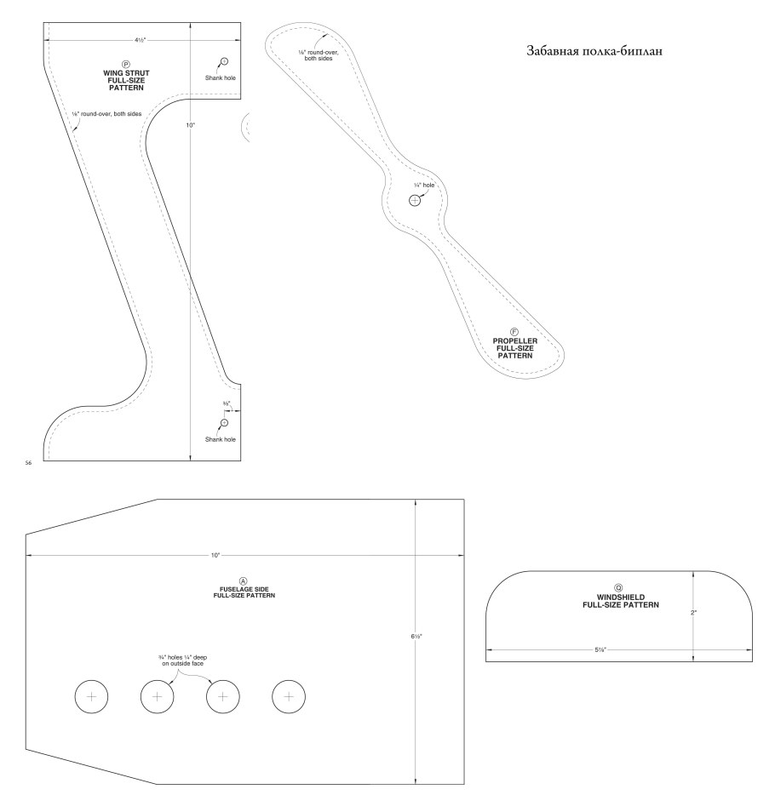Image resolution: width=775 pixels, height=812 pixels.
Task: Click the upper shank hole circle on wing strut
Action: [x=224, y=61]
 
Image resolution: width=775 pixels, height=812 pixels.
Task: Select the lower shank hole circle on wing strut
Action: [x=224, y=423]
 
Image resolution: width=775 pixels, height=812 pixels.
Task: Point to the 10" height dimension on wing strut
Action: [x=191, y=125]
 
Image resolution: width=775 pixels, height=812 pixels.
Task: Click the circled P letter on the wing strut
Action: [x=126, y=64]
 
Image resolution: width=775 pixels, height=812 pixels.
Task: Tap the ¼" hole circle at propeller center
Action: [x=415, y=201]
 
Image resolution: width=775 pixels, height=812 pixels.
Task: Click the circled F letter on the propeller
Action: [x=514, y=331]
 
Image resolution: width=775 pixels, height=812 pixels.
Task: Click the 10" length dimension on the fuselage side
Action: [x=215, y=555]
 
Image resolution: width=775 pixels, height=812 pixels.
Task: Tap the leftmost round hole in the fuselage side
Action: [x=92, y=696]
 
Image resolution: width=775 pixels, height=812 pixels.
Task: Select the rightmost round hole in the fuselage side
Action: [x=289, y=696]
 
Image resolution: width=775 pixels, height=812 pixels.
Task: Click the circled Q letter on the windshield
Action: [x=618, y=587]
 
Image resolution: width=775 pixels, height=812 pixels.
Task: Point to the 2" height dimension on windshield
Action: [x=694, y=612]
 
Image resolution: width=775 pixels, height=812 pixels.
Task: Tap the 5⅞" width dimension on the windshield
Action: [x=601, y=649]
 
